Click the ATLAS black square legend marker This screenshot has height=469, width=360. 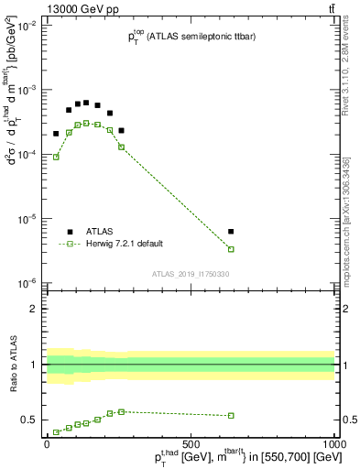70,231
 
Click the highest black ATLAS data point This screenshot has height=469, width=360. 86,103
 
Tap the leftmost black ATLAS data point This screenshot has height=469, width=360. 56,134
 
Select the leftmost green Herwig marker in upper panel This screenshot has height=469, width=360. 56,157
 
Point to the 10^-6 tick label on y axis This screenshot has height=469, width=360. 25,283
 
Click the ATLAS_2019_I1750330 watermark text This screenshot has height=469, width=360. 190,274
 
